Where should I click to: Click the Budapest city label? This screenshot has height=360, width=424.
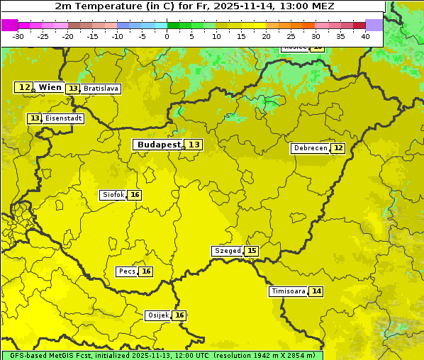[x=159, y=145]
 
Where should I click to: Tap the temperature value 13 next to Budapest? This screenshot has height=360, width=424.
[x=194, y=145]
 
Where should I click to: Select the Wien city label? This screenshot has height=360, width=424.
[x=50, y=87]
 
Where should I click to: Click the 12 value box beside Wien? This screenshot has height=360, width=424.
[x=24, y=87]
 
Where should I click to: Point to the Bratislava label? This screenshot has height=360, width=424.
[x=100, y=89]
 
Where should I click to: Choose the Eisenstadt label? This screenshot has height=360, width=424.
[x=63, y=118]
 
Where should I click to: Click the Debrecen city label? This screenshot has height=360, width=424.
[x=310, y=148]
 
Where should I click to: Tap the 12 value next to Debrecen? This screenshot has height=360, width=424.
[x=338, y=148]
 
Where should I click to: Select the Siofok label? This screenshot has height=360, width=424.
[x=113, y=195]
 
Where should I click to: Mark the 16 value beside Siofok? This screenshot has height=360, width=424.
[x=135, y=195]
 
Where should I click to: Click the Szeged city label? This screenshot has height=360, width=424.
[x=227, y=251]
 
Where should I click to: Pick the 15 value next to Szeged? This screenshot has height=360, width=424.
[x=252, y=251]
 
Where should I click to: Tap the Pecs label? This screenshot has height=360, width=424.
[x=127, y=271]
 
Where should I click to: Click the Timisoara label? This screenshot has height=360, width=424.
[x=288, y=291]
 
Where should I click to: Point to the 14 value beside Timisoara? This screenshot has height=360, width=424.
[x=316, y=291]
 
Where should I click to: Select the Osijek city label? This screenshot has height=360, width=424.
[x=157, y=315]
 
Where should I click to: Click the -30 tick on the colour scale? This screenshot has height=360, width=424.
[x=18, y=36]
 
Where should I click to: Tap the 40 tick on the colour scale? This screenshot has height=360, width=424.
[x=365, y=36]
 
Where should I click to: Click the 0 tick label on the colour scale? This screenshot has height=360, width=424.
[x=167, y=36]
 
